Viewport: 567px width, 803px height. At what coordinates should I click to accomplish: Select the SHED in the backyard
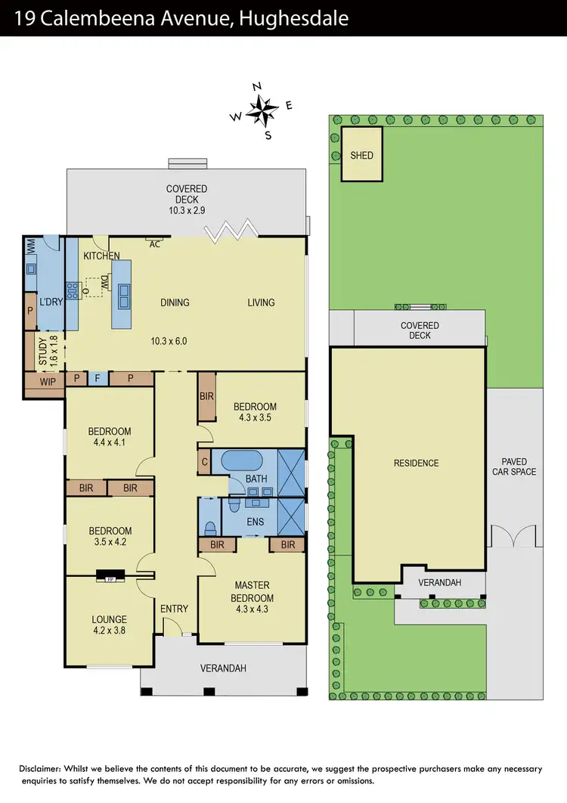click(361, 155)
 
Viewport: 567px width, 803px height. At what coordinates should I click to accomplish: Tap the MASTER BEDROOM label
click(252, 591)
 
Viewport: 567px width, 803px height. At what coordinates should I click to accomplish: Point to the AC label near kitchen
click(155, 243)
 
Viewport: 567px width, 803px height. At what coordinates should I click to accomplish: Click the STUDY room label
click(43, 350)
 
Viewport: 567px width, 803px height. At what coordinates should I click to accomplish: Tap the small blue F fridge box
click(98, 378)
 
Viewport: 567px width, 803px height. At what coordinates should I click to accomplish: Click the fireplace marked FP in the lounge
click(110, 579)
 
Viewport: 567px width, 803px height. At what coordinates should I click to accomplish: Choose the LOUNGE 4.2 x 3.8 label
click(110, 625)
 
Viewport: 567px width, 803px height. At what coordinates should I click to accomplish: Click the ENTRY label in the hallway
click(175, 609)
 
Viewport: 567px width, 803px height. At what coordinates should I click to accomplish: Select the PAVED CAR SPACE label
click(513, 467)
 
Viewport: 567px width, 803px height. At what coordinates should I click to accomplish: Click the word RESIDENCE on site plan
click(416, 463)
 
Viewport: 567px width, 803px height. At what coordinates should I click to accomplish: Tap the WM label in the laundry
click(31, 246)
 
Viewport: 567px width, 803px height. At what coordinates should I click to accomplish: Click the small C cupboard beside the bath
click(204, 461)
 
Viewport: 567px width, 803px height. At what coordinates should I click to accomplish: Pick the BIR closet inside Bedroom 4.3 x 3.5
click(206, 396)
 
